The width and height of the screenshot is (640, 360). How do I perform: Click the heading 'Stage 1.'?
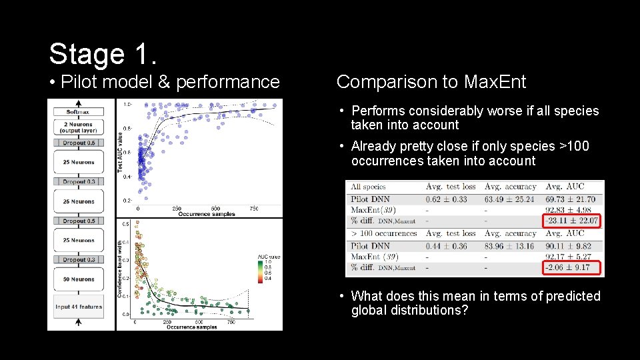(x=103, y=53)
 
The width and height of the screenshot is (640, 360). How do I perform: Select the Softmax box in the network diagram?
(x=79, y=111)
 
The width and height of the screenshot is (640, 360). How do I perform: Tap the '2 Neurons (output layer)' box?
(x=79, y=127)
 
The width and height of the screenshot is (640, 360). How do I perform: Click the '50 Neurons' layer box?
(x=79, y=279)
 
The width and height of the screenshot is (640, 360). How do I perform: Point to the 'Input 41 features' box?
(x=79, y=307)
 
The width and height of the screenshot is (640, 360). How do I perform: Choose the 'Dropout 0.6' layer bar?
(x=79, y=143)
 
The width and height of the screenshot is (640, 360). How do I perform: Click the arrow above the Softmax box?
(x=79, y=103)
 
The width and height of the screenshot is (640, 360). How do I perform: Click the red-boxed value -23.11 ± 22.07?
(x=572, y=221)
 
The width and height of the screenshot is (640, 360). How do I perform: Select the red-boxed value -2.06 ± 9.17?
(x=572, y=268)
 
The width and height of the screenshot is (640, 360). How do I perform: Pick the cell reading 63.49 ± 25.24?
(x=510, y=199)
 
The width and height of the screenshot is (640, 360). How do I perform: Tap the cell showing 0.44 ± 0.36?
(x=446, y=246)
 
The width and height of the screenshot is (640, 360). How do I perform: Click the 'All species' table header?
(x=368, y=187)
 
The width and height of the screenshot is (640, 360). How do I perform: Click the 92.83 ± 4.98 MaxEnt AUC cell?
(x=572, y=210)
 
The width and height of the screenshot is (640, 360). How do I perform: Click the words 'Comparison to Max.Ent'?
(x=431, y=82)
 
